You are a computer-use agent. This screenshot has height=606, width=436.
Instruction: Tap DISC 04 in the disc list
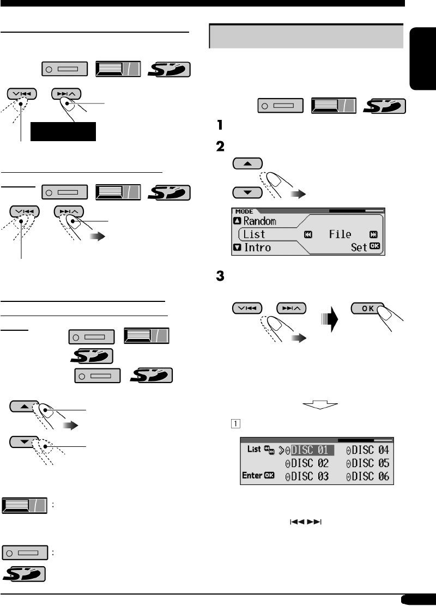(x=369, y=450)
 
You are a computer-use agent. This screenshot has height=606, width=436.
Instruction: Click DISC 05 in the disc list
(x=369, y=464)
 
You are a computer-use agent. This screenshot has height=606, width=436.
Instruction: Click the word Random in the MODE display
(x=259, y=221)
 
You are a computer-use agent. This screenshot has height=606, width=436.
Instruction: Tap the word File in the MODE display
(x=340, y=234)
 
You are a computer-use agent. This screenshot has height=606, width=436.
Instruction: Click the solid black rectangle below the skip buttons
(x=63, y=132)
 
